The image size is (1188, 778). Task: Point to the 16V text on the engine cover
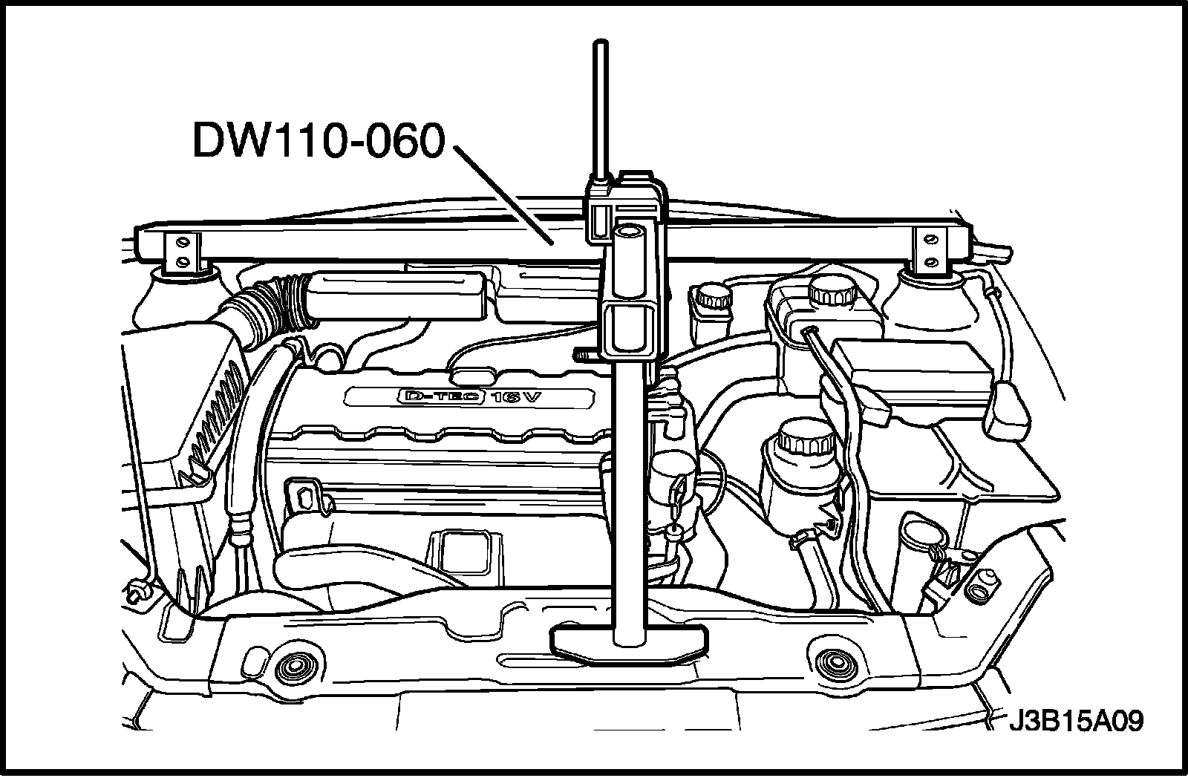click(518, 397)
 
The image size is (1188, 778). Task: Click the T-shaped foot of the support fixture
click(628, 640)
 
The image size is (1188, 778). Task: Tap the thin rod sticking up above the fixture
click(598, 111)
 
